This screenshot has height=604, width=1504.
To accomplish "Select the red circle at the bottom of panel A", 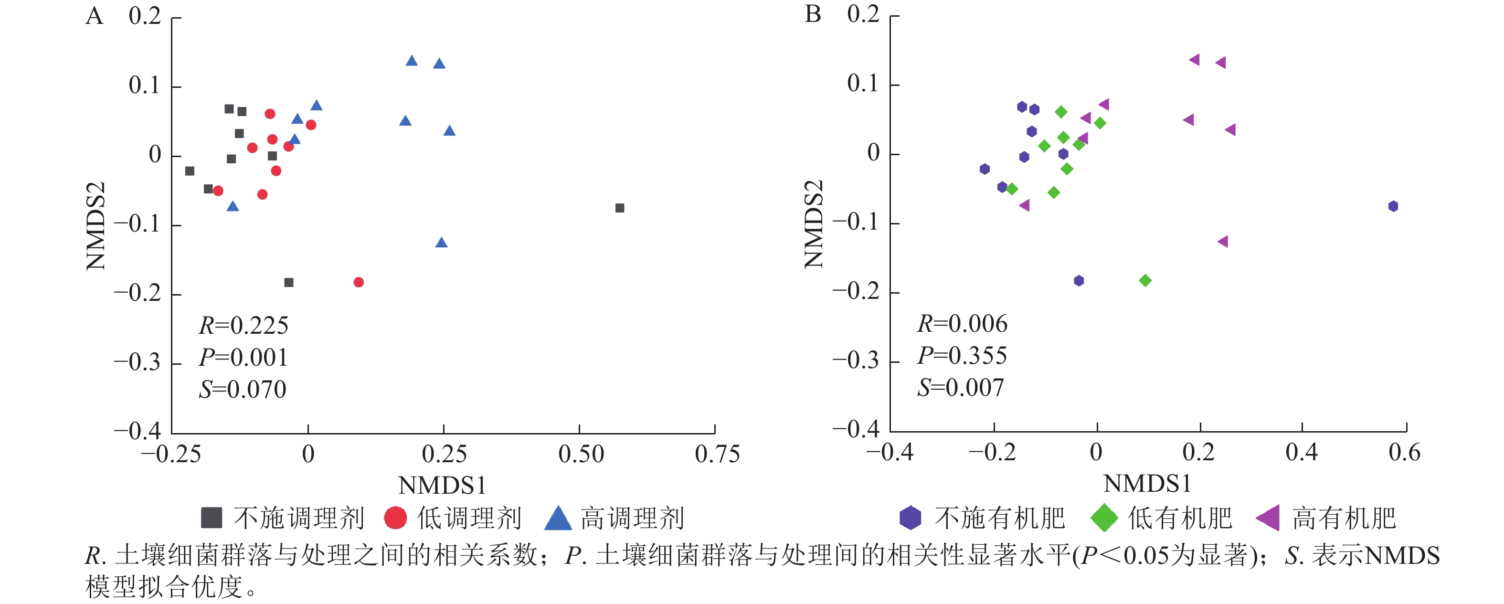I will [x=359, y=282].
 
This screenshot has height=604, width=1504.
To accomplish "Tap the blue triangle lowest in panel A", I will [x=441, y=243].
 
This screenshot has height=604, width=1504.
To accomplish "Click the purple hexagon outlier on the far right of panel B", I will [x=1393, y=206].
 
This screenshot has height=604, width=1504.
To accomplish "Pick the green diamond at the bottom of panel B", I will [x=1145, y=281].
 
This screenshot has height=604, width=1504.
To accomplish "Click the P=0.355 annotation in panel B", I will [x=962, y=356].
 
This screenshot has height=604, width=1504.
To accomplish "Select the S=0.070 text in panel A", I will [x=242, y=390].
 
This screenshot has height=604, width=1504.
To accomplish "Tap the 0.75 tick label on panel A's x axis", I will [x=717, y=455].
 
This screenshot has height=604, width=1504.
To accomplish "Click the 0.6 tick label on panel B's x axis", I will [x=1404, y=453].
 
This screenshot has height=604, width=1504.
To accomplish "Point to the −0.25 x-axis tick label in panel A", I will [x=171, y=455].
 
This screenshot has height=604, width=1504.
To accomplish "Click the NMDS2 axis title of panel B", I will [x=813, y=224].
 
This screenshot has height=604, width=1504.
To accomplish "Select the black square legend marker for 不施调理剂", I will [x=212, y=518].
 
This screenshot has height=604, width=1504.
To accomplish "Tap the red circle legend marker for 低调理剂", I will [x=395, y=518].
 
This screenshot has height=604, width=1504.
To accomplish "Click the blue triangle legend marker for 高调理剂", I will [x=558, y=518].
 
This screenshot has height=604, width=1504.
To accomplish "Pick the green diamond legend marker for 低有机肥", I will [x=1103, y=518].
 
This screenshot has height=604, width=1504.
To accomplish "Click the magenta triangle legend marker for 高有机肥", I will [x=1268, y=518].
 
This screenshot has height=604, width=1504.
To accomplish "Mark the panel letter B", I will [x=813, y=15].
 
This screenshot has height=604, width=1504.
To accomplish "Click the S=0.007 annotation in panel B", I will [x=961, y=388].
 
